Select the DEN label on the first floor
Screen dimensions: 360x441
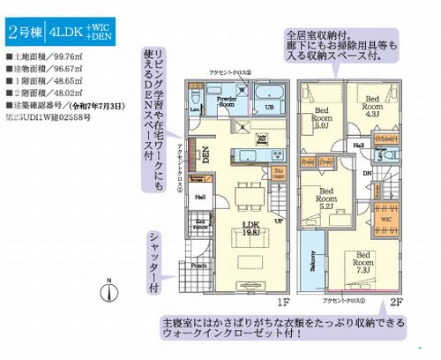tap(205, 155)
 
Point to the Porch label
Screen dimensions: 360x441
tap(199, 266)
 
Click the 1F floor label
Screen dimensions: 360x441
tap(283, 301)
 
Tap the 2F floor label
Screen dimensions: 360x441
tap(396, 301)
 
